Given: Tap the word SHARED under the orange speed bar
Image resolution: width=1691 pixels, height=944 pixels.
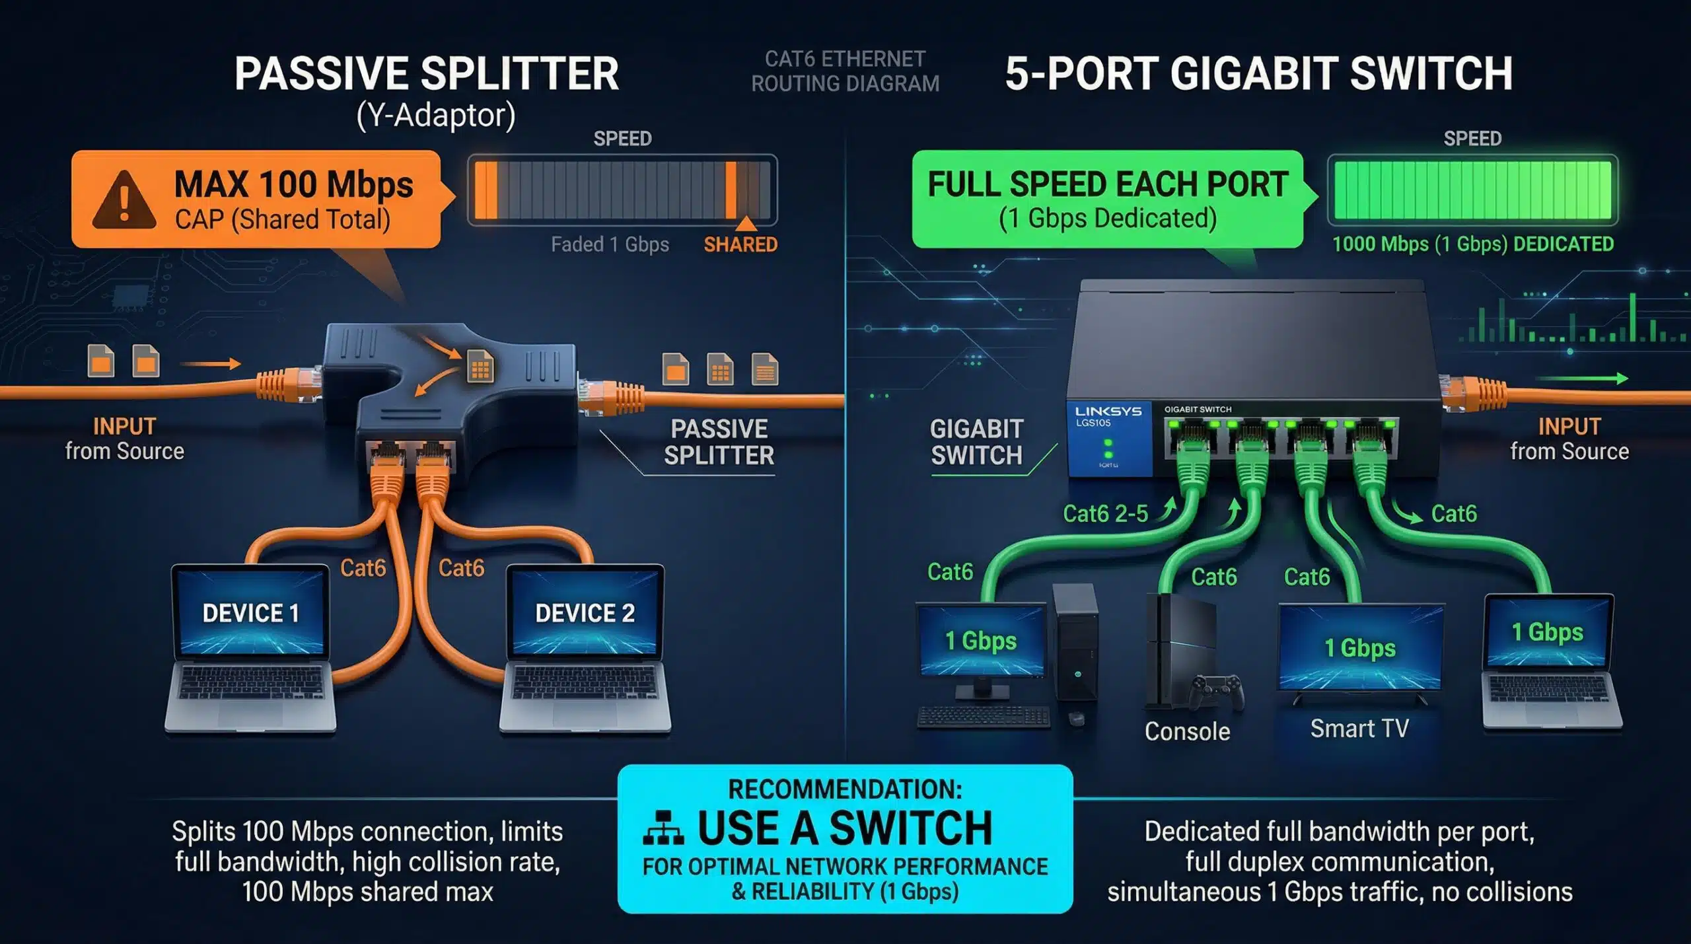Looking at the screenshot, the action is click(740, 244).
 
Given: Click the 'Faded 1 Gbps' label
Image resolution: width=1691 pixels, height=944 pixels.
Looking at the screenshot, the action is click(610, 244).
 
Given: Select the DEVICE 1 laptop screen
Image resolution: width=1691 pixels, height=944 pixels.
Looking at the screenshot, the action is click(251, 612).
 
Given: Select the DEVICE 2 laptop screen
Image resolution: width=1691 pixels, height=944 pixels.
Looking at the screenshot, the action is click(585, 612).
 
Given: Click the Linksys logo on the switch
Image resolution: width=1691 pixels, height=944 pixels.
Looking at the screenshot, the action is click(1108, 411).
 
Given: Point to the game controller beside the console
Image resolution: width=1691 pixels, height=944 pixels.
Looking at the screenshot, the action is click(1216, 692).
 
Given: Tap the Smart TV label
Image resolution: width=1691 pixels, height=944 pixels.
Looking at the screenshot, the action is click(1359, 728).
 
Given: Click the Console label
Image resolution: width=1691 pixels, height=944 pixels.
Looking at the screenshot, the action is click(1187, 731).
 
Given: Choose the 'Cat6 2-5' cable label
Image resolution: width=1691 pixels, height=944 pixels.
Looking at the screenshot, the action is click(1105, 513).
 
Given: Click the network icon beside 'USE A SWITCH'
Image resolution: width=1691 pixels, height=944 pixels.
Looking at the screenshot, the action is click(663, 828).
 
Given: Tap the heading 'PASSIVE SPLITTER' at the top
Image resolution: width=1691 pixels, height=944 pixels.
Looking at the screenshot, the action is click(427, 73).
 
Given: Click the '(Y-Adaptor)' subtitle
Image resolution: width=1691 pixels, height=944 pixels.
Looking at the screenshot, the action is click(436, 116).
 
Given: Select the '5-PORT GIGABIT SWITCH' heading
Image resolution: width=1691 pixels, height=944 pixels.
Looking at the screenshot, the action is click(1259, 73).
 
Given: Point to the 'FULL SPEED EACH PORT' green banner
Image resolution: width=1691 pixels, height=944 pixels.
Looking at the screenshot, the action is click(1108, 199).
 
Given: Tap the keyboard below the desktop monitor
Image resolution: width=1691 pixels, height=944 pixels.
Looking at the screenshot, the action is click(984, 717).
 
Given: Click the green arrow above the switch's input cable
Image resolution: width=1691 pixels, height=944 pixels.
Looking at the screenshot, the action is click(1581, 379).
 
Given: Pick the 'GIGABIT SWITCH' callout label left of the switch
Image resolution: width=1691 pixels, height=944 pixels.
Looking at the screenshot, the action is click(976, 442).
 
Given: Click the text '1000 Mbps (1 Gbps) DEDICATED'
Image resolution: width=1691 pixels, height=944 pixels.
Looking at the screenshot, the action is click(1473, 244).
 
